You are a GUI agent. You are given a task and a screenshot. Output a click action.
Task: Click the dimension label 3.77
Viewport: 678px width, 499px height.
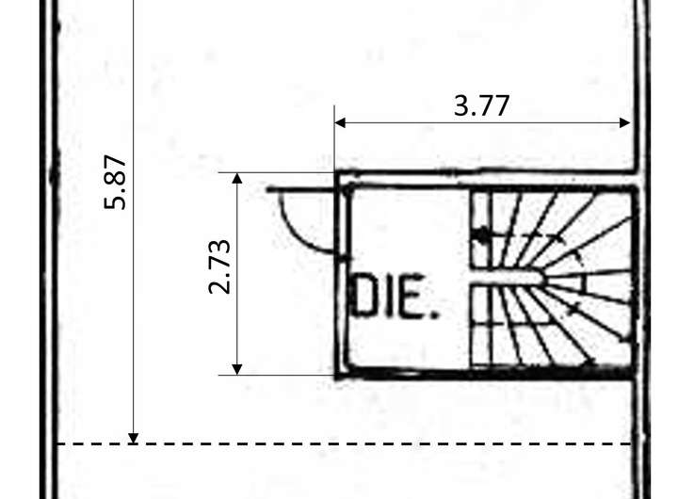(x=482, y=106)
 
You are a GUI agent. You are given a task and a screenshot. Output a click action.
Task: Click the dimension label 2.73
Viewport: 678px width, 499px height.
(x=219, y=266)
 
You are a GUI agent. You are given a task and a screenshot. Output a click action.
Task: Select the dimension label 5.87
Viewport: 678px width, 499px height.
(x=116, y=182)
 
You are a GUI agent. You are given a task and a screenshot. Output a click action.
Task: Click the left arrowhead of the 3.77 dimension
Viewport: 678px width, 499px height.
(x=340, y=122)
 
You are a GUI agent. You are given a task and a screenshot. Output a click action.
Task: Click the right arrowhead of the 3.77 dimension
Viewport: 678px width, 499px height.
(x=625, y=122)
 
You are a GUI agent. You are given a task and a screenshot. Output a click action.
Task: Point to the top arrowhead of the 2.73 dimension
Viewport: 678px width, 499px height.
(x=237, y=178)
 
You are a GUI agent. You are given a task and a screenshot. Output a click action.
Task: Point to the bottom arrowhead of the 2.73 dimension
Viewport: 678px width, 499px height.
(x=237, y=370)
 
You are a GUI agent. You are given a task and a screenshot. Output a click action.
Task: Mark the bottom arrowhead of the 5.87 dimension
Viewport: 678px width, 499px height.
(x=134, y=439)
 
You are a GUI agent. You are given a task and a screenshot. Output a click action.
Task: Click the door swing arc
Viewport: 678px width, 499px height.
(x=294, y=235)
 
